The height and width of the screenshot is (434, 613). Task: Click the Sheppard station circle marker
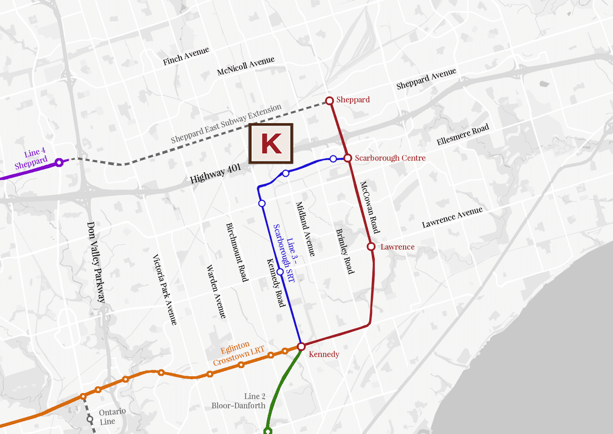[x=329, y=100]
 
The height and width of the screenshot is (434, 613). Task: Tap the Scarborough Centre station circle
[x=348, y=158]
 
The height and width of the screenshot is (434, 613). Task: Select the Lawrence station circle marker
[x=371, y=246]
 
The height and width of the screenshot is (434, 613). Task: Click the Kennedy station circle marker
[x=301, y=347]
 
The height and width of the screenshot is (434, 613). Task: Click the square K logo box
[x=271, y=144]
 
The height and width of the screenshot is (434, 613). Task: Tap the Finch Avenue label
[x=186, y=56]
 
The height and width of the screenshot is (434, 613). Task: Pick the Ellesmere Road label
[x=463, y=135]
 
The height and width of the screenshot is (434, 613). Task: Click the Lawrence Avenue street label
[x=452, y=218]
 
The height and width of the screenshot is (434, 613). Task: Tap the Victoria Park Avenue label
[x=164, y=290]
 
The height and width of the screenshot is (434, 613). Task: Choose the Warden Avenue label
[x=216, y=291]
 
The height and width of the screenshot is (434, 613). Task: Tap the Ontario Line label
[x=112, y=416]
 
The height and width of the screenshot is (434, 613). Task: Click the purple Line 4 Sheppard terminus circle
[x=59, y=163]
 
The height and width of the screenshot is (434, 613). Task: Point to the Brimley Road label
[x=345, y=250]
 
